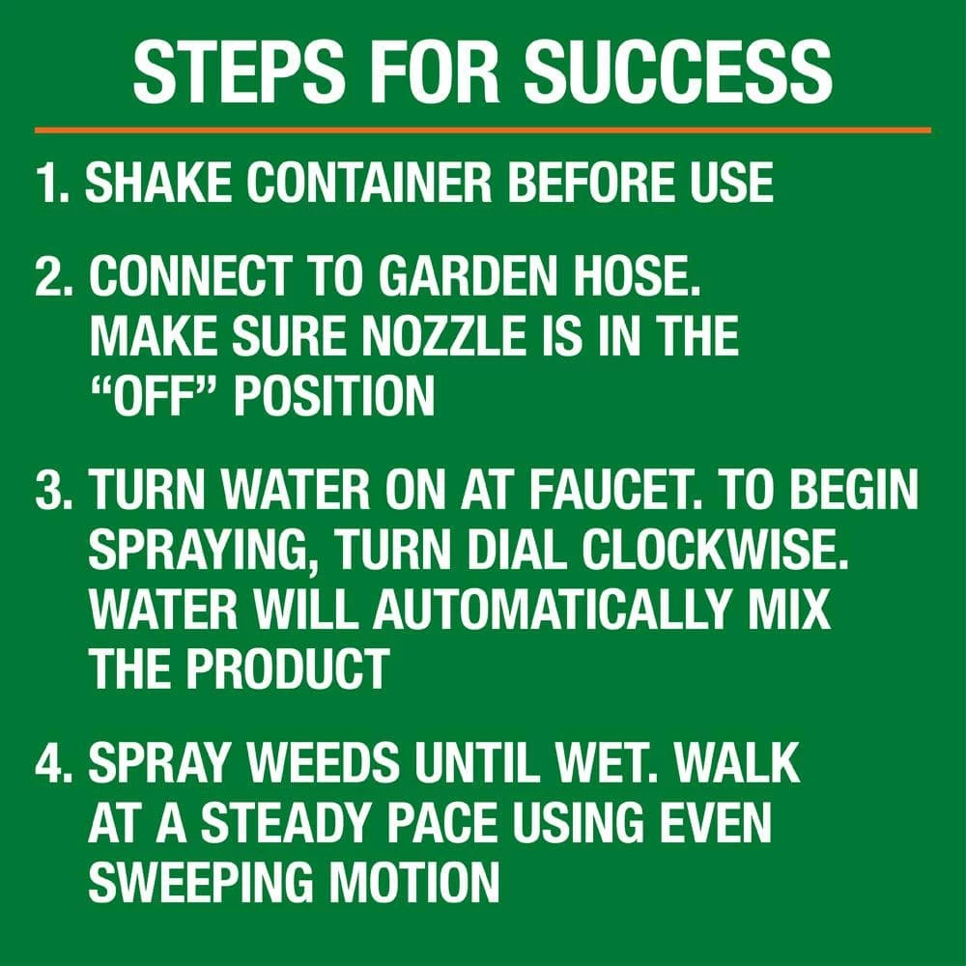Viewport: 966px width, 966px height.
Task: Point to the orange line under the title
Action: pos(483,128)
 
